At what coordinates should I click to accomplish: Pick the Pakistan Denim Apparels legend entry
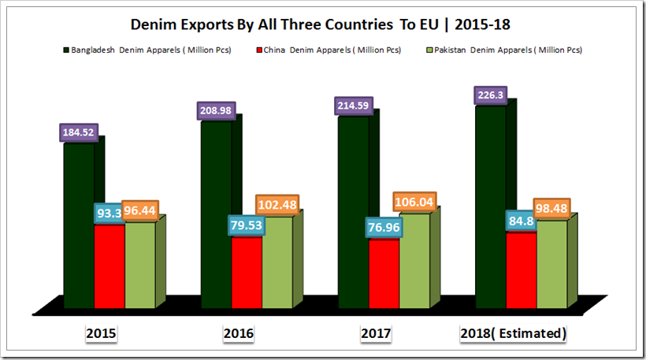click(505, 50)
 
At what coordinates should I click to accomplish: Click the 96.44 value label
click(139, 211)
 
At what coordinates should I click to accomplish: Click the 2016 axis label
click(239, 334)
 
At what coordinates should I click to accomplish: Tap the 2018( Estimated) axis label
click(513, 334)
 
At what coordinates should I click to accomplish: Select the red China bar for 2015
click(110, 268)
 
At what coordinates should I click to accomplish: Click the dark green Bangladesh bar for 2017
click(354, 213)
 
